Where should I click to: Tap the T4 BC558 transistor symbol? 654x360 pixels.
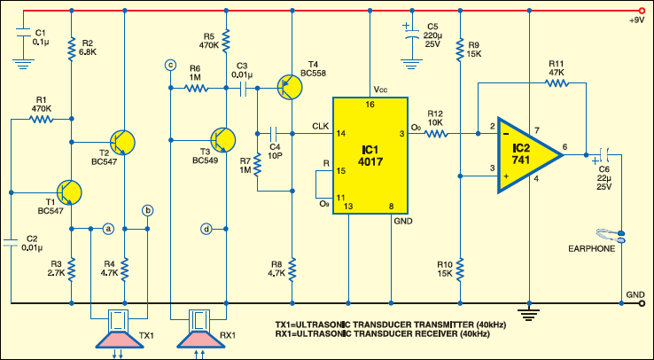tap(290, 85)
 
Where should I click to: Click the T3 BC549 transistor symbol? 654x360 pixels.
tap(222, 139)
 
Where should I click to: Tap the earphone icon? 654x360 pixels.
tap(608, 236)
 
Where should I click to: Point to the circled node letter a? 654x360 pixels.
tap(108, 229)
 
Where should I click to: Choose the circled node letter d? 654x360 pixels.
tap(206, 229)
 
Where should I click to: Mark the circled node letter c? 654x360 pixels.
tap(170, 65)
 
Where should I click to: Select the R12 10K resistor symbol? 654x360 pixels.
tap(437, 135)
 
